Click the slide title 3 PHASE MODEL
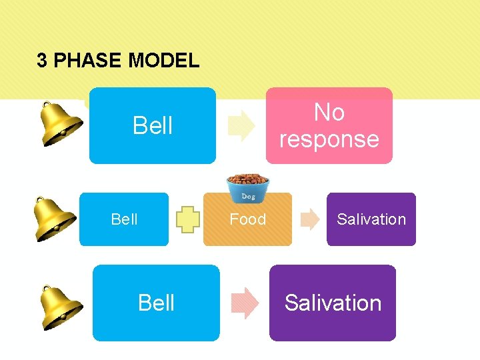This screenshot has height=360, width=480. pos(118,61)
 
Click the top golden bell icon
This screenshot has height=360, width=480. pos(60,124)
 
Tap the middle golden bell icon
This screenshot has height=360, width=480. pos(55,219)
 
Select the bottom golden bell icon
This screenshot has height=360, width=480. pos(60,307)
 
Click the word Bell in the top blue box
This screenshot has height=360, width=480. pos(153,125)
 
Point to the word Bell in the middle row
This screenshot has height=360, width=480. pos(124,219)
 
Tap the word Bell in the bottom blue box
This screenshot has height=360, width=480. pos(156,303)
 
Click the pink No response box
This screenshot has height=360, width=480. pos(329,125)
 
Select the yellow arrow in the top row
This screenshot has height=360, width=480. pos(241,126)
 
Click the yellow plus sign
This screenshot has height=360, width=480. pos(189,219)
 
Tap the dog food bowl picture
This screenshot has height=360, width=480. pos(247,189)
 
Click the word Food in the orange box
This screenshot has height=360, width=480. pos(247,219)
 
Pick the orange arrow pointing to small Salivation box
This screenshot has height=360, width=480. pos(310,219)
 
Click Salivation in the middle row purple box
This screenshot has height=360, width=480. pos(371,219)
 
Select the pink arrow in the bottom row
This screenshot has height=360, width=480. pos(244,303)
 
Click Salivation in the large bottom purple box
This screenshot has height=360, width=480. pos(333,303)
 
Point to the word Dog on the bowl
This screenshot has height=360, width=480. pos(248,197)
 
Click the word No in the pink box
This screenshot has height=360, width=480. pos(329,112)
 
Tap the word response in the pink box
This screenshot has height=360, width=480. pos(329,139)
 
